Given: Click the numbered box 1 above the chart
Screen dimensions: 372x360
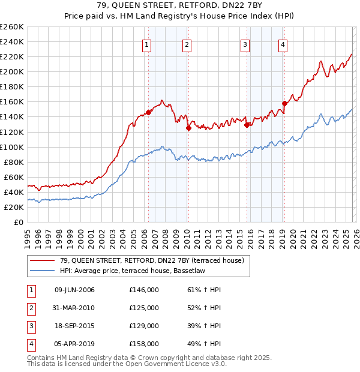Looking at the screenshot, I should (147, 44).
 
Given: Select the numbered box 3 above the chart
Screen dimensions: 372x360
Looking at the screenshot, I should (245, 44).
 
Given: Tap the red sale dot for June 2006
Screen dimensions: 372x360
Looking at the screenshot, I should (148, 112).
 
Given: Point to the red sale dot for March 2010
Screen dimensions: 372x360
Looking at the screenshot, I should (188, 128).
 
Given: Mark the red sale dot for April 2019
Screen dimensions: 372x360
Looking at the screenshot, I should (284, 103).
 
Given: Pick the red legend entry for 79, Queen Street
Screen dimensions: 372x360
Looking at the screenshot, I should (152, 260).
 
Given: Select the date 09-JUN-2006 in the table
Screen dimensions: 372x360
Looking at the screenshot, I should (74, 290).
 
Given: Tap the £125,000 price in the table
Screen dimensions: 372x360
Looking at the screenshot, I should (144, 308).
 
